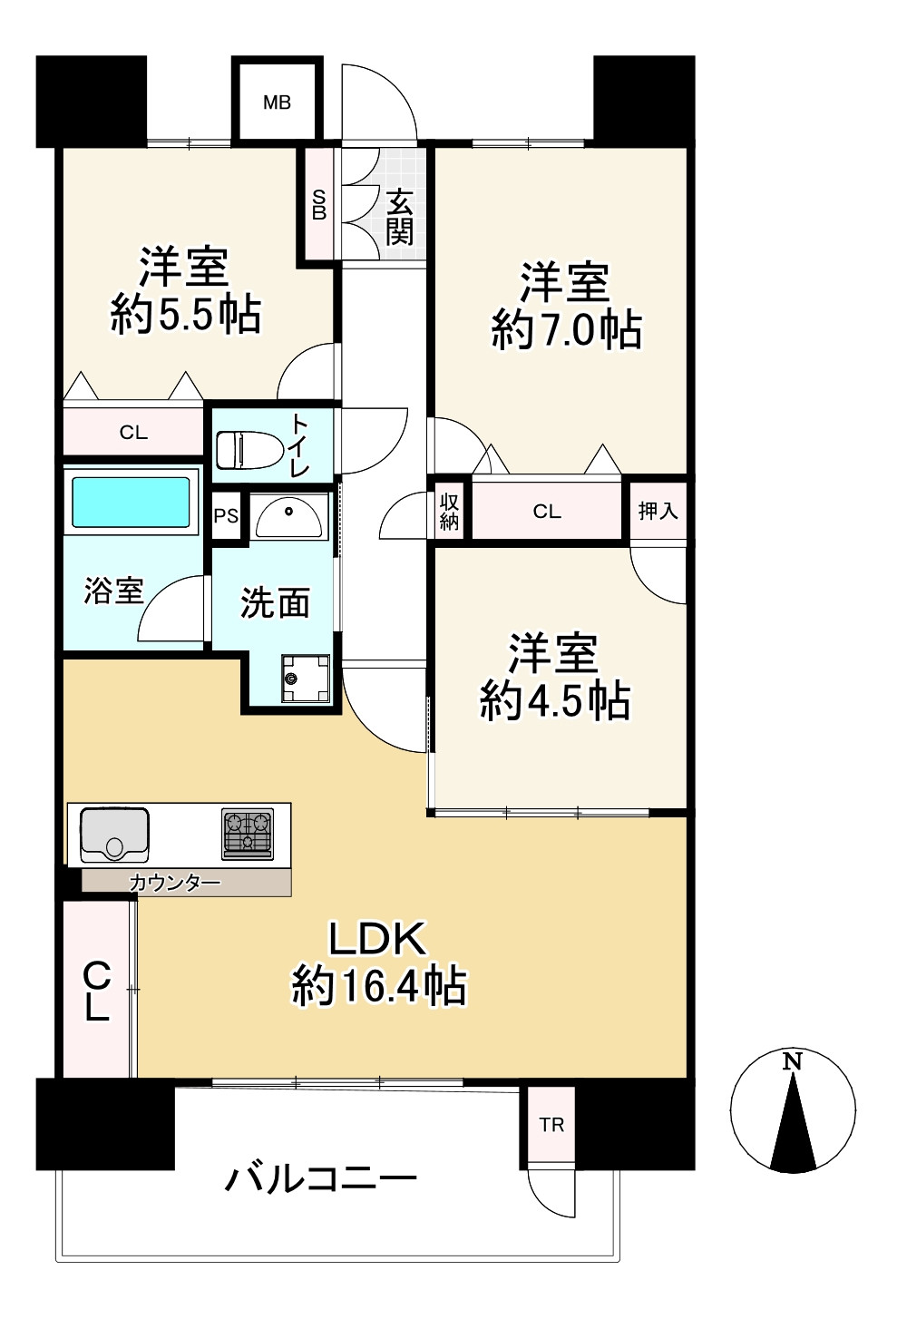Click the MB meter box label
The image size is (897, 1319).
[277, 103]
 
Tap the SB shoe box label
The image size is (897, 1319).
[319, 205]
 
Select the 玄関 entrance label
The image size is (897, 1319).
[399, 217]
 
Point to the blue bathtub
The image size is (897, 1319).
[131, 502]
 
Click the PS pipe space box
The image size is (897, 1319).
[226, 516]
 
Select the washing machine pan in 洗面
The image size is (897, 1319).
[306, 679]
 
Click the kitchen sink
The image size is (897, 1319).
[115, 835]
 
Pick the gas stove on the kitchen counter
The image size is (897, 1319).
[248, 835]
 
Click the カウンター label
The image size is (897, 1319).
[175, 883]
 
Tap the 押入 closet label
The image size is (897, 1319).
[658, 511]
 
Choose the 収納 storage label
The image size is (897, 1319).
[449, 511]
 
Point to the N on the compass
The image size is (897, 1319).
[793, 1061]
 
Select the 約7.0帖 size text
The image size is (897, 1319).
[567, 330]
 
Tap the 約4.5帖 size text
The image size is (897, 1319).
[555, 700]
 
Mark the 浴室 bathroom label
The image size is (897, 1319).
[113, 591]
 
